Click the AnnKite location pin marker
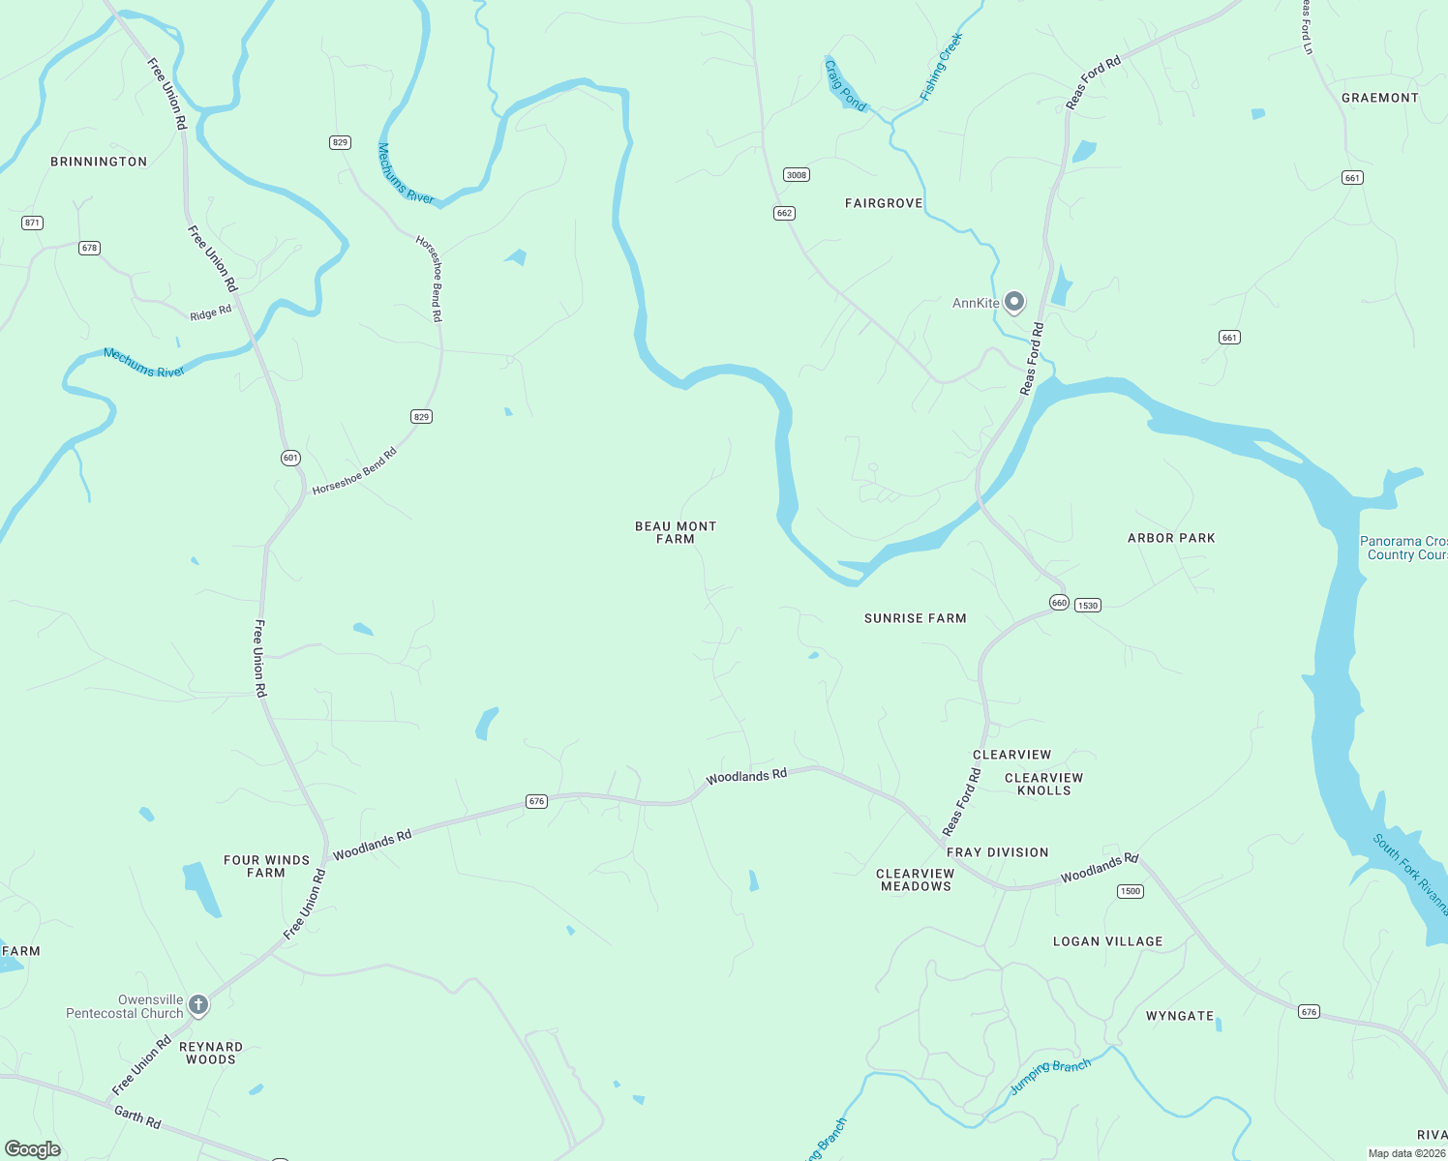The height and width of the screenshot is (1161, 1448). [x=1013, y=303]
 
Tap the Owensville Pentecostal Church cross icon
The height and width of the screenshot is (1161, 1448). [x=198, y=1006]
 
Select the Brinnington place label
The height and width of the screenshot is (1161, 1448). [x=99, y=162]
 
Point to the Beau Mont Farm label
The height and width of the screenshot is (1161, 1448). [x=676, y=532]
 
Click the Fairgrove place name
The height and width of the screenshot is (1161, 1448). [x=884, y=203]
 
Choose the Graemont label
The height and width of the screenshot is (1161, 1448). [x=1379, y=98]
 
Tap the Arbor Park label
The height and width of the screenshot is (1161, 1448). [x=1171, y=538]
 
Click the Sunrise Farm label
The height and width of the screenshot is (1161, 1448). [x=915, y=618]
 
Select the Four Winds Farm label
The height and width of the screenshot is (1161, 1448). [x=266, y=866]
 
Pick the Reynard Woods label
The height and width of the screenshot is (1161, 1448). [x=211, y=1053]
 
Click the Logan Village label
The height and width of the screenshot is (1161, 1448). [x=1107, y=941]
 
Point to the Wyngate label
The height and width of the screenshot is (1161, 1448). [x=1179, y=1016]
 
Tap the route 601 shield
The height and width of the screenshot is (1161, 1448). [x=290, y=458]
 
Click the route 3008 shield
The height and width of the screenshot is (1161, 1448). [x=796, y=175]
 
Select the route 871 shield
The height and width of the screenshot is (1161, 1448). [x=32, y=223]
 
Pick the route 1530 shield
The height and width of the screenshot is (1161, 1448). [x=1088, y=606]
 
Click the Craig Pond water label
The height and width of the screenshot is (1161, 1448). [x=845, y=85]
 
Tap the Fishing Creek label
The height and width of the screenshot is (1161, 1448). [x=941, y=67]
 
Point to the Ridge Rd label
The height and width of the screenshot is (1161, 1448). [x=211, y=313]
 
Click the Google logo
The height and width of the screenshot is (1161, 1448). [x=33, y=1149]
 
